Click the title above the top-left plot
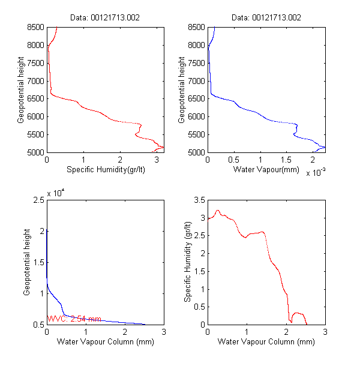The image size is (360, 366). pos(106,17)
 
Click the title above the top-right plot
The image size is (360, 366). pos(266,17)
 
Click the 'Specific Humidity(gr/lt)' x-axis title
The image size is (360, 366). pos(106,170)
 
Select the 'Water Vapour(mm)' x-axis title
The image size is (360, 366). pos(266,170)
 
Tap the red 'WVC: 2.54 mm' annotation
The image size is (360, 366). pos(74,319)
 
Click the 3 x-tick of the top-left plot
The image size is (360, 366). pos(157,160)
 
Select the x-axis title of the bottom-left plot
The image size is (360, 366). pos(106,342)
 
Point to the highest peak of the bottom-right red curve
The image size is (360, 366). pos(218,210)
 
